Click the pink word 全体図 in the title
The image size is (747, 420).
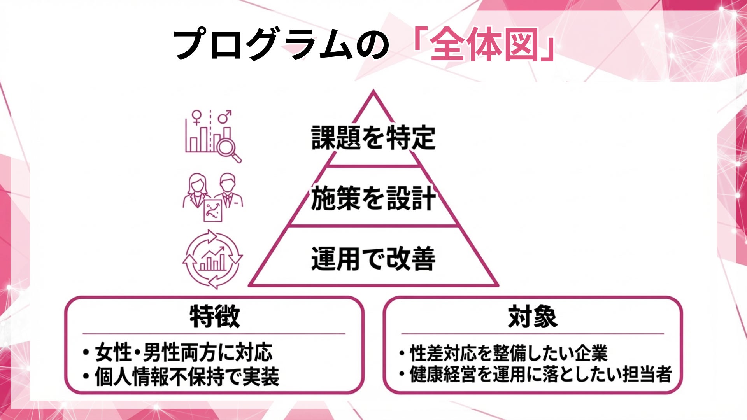click(484, 45)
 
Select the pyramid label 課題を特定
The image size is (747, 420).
click(373, 138)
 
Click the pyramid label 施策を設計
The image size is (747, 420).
click(373, 198)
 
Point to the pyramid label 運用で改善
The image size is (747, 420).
click(373, 259)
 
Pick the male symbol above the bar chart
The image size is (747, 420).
click(224, 116)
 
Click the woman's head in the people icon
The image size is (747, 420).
click(198, 183)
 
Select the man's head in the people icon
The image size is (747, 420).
click(227, 182)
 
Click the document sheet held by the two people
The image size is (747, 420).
click(213, 210)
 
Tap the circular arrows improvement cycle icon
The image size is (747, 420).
click(212, 259)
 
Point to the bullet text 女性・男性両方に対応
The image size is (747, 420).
click(183, 353)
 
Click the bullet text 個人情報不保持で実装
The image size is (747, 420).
click(187, 376)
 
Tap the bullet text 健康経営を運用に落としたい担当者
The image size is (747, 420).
click(540, 374)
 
